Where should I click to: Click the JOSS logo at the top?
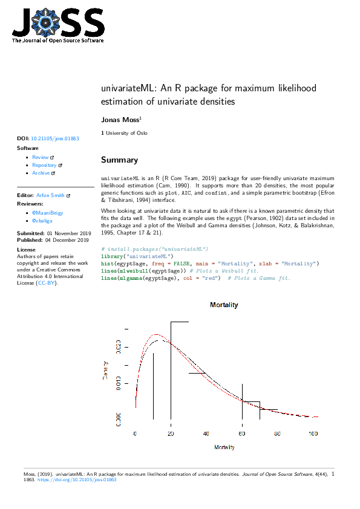[57, 24]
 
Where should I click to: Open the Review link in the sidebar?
[40, 157]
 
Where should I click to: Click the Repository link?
[44, 165]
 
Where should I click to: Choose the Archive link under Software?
[41, 173]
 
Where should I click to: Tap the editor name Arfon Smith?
[51, 196]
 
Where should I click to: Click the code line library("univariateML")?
[137, 256]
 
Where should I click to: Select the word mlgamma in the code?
[132, 278]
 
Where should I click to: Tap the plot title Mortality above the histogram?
[224, 305]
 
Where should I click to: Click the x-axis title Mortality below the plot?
[224, 447]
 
